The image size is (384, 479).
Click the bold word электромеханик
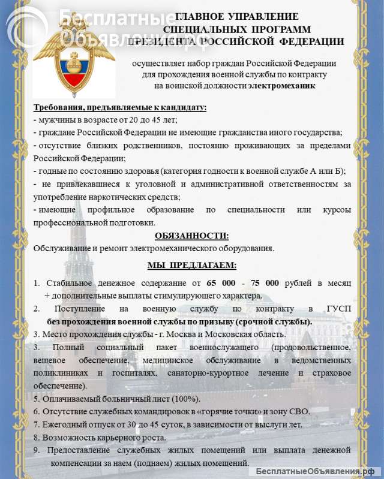(281, 86)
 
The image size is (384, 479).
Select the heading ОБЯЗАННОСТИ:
(191, 236)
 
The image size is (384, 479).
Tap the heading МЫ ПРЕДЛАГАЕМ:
(191, 265)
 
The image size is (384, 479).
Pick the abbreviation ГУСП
(338, 309)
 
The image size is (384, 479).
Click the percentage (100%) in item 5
(187, 399)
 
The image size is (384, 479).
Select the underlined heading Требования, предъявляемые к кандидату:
(120, 108)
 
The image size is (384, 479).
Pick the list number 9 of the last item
(36, 450)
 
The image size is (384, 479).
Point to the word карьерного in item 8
(115, 438)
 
